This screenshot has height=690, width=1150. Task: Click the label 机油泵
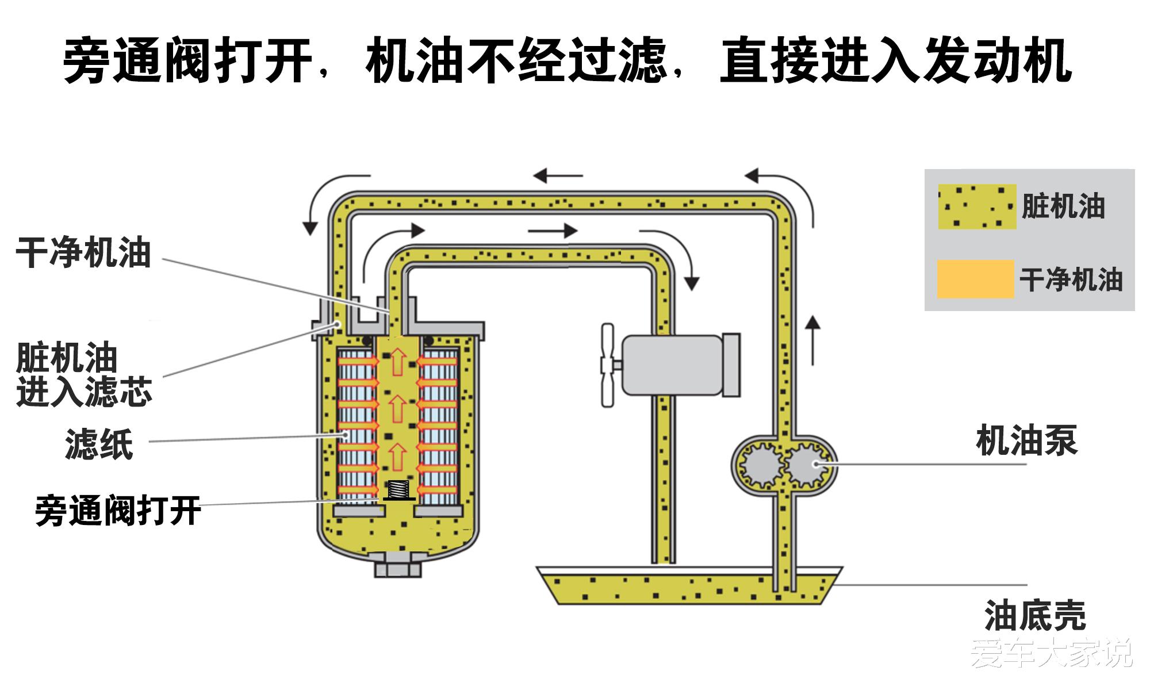coord(1026,441)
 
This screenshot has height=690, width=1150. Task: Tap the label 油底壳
coord(1035,615)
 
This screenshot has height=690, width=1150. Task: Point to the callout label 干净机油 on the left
coord(83,252)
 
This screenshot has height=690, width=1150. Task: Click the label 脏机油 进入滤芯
coord(83,375)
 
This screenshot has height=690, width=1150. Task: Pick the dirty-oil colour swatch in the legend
coord(976,207)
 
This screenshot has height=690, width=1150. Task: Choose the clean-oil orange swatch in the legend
coord(975,279)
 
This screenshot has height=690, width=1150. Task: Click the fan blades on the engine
coord(608,365)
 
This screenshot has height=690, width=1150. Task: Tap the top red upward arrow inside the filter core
coord(397,363)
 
